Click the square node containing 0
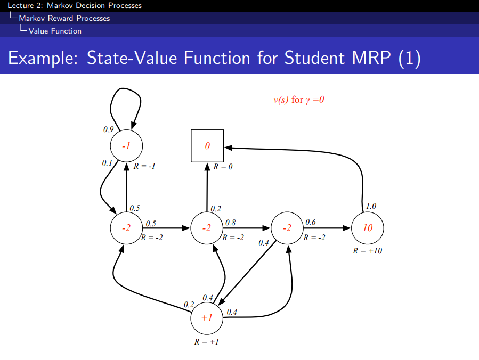(207, 145)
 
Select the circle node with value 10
(368, 228)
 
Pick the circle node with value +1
(207, 318)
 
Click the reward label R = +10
(368, 250)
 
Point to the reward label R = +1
(207, 341)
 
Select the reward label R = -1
(144, 166)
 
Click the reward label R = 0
(223, 167)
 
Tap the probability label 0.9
(109, 129)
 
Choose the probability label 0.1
(107, 163)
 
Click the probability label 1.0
(371, 206)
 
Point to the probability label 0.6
(311, 222)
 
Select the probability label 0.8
(230, 222)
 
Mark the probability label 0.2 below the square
(216, 208)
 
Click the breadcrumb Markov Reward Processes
(64, 18)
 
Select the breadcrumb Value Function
(55, 31)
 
